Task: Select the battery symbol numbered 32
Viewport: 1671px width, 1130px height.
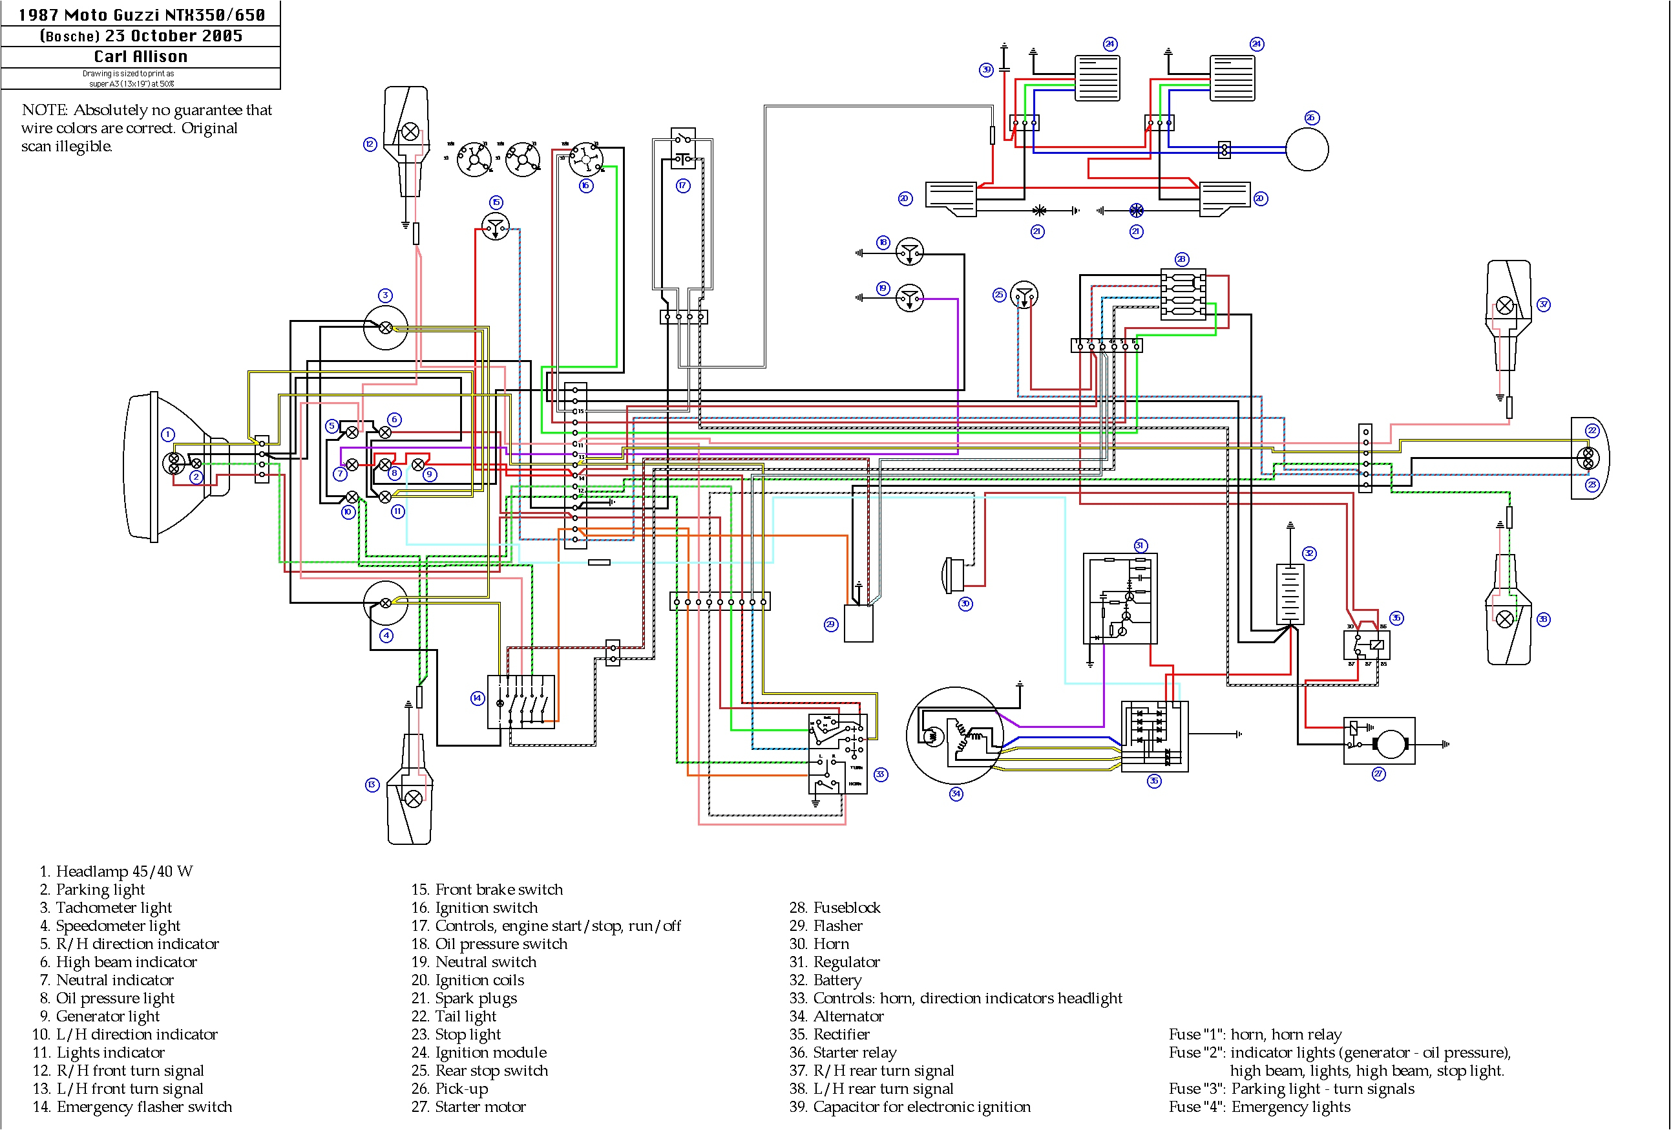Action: (x=1290, y=594)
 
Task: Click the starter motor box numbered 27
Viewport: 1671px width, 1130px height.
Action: (x=1379, y=741)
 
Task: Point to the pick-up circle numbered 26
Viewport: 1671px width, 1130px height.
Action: (x=1307, y=149)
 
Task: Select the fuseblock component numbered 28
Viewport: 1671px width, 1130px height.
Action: (x=1182, y=295)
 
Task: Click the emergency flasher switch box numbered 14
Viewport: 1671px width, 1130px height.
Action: (x=521, y=702)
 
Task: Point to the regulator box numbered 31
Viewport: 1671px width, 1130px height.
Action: (x=1120, y=599)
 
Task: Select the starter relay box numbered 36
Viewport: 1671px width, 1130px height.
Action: (x=1366, y=645)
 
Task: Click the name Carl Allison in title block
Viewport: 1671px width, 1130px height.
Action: (x=141, y=57)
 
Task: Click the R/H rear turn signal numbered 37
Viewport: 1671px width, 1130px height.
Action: (x=1507, y=317)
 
